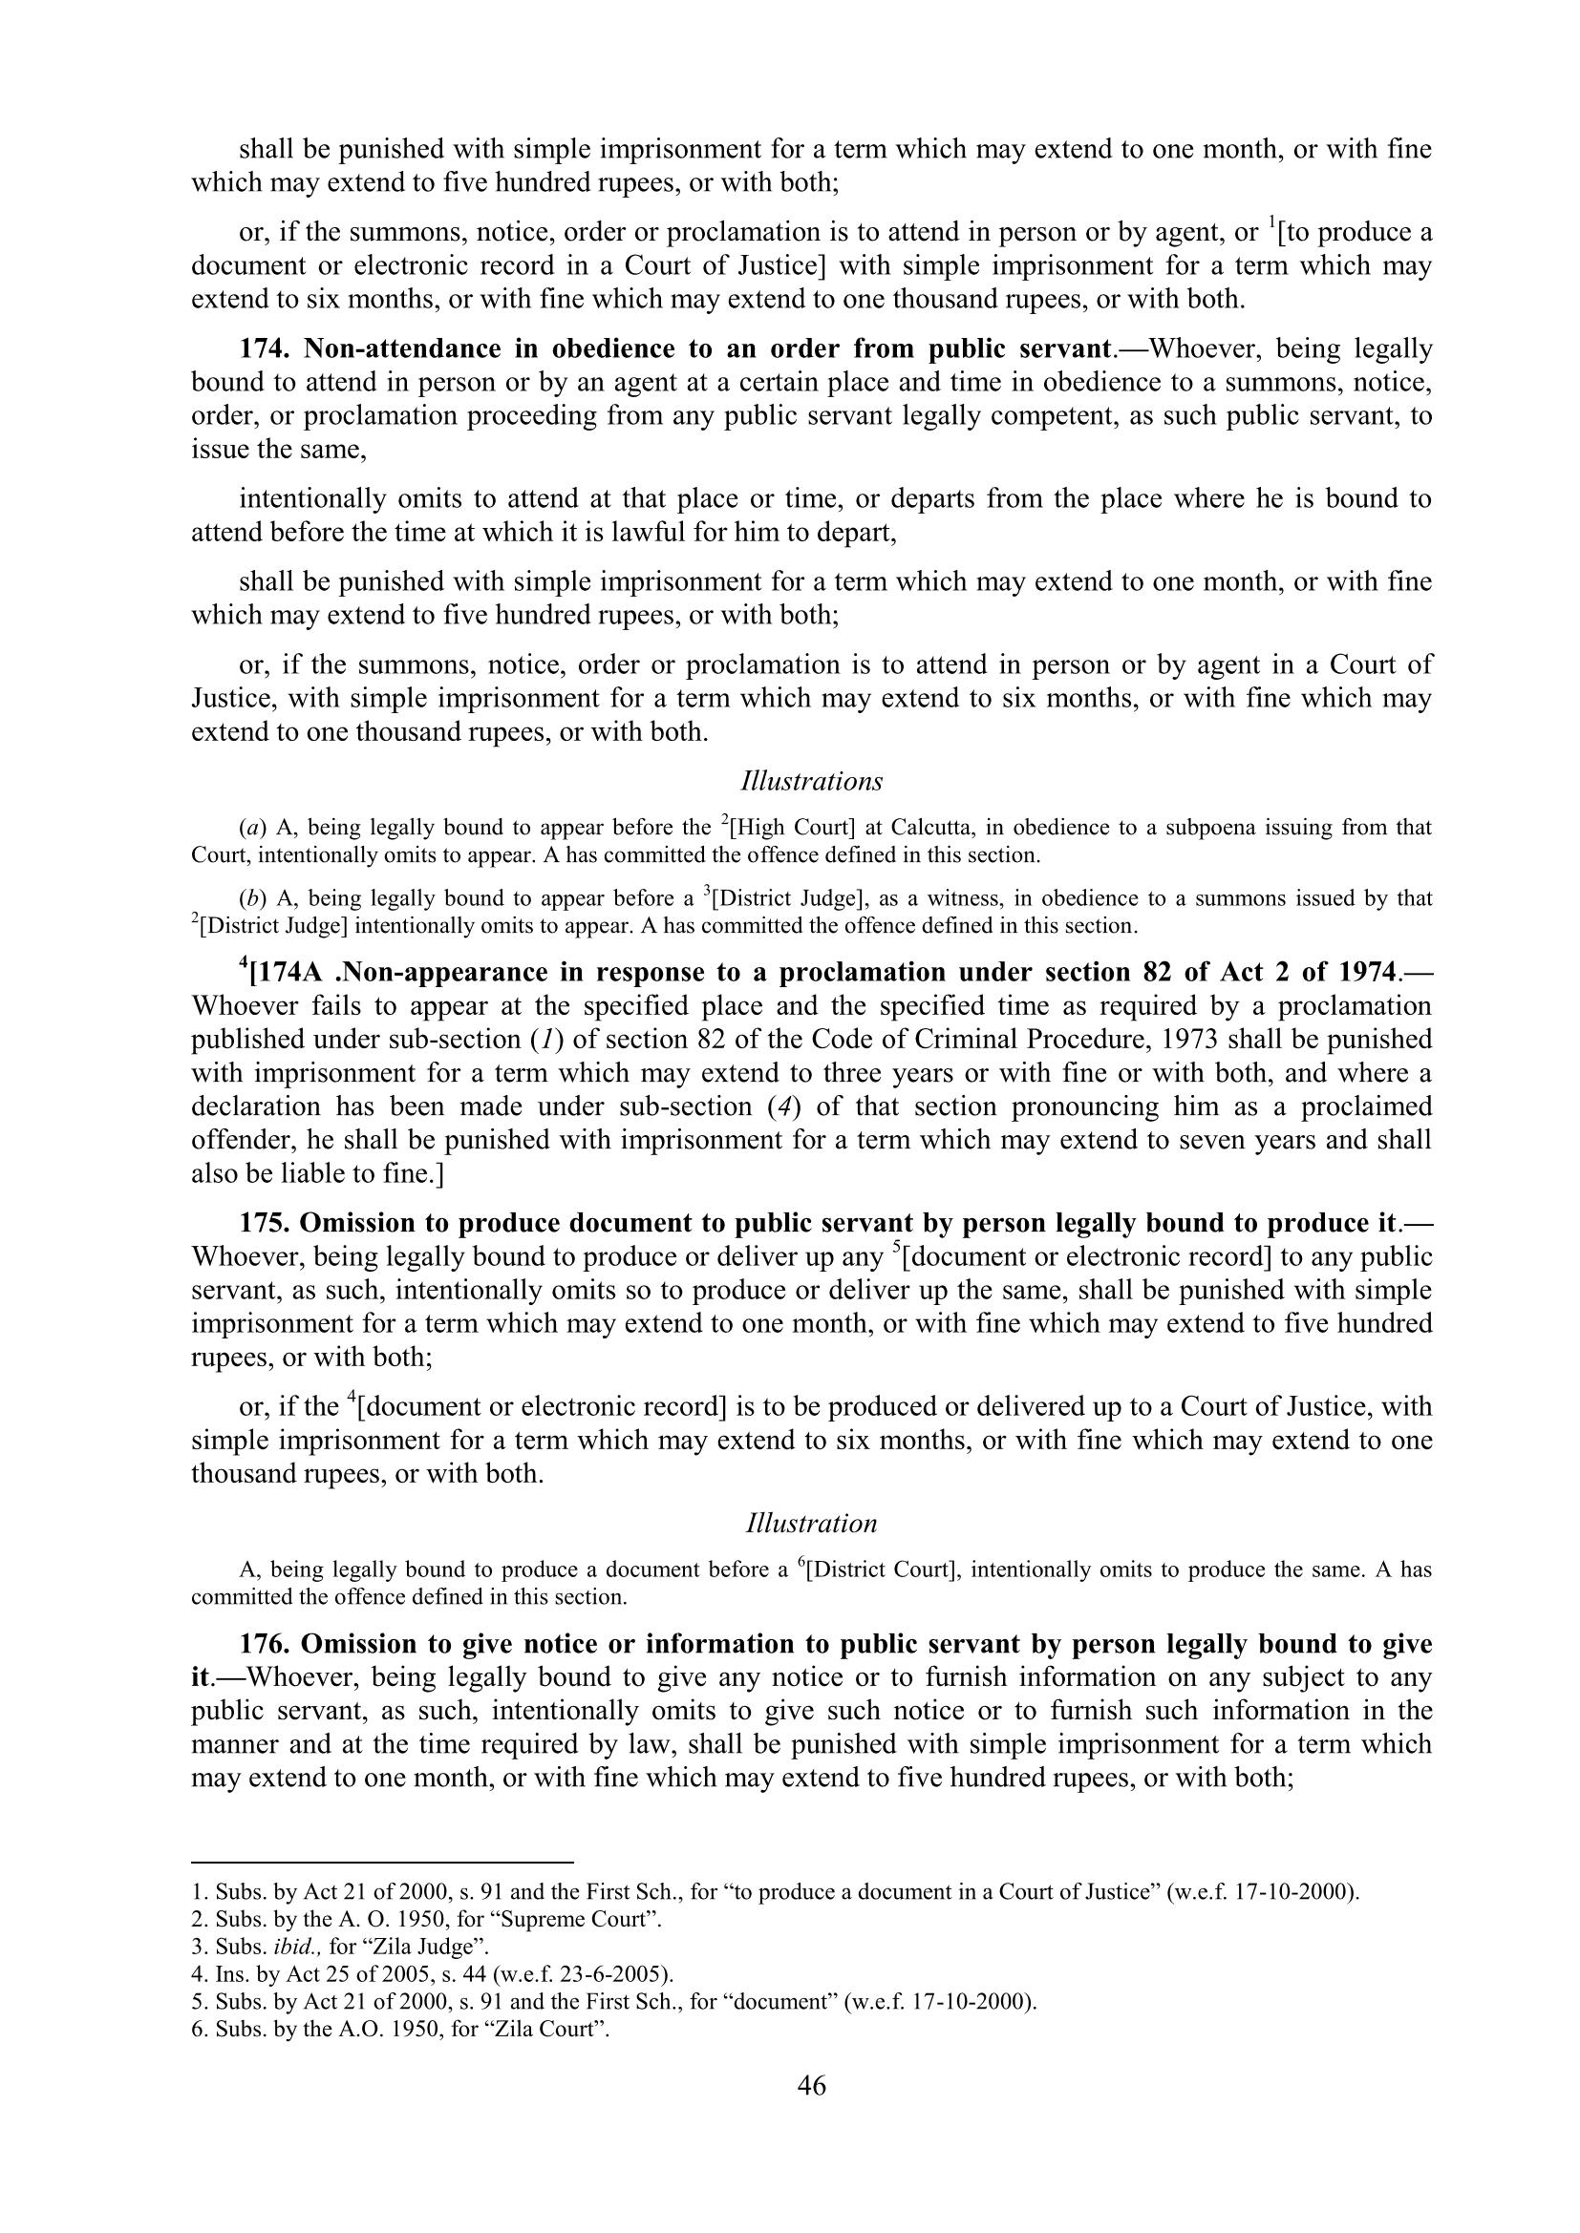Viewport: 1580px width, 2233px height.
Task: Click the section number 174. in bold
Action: pos(265,348)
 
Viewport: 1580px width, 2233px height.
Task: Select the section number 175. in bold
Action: pos(265,1224)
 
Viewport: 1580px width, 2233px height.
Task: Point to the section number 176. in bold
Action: pos(265,1644)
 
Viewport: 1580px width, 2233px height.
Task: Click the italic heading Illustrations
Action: pos(811,781)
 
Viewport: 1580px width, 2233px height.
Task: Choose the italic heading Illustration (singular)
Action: pos(811,1523)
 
